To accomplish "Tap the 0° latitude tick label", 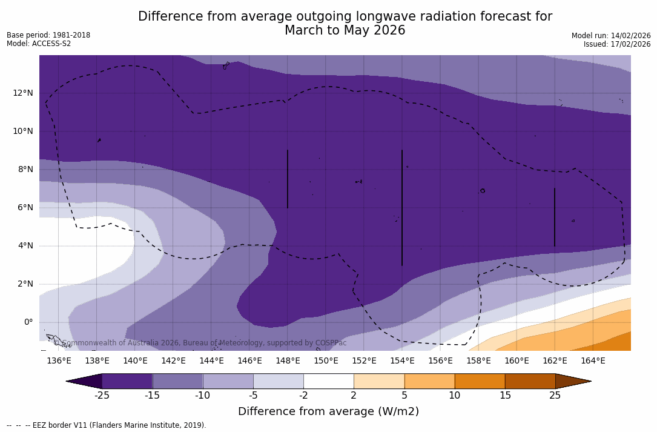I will [28, 322].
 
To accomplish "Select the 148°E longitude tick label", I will [288, 361].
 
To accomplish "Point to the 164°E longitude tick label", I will [593, 361].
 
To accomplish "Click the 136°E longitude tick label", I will [59, 361].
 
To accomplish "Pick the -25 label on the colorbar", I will [102, 396].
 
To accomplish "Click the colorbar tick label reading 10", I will [454, 396].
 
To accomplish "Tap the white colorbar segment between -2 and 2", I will [328, 381].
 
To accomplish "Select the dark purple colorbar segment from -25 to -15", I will [127, 381].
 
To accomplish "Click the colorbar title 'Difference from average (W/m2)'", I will [328, 411].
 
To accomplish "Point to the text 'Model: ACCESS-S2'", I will [39, 44].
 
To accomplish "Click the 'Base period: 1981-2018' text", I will [48, 35].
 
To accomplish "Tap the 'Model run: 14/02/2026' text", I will [611, 36].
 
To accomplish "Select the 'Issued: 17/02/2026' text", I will [617, 44].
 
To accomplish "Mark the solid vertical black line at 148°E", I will [288, 179].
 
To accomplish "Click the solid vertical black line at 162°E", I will [555, 217].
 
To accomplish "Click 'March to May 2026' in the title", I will [345, 30].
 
